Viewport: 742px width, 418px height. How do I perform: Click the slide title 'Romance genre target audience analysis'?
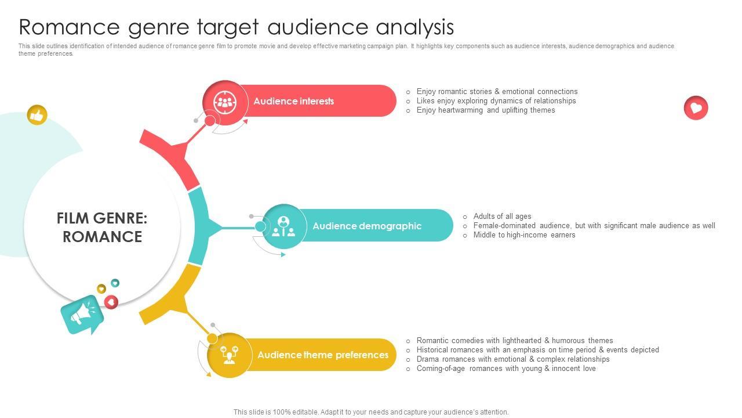click(x=236, y=27)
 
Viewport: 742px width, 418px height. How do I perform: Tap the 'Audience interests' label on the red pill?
click(x=293, y=101)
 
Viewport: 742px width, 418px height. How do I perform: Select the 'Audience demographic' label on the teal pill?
click(x=366, y=226)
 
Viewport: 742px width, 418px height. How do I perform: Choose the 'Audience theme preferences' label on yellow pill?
click(x=323, y=355)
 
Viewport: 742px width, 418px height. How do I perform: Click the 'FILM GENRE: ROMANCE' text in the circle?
click(x=102, y=227)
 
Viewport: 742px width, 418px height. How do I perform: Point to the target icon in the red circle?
click(x=224, y=102)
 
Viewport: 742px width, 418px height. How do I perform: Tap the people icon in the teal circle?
click(x=283, y=226)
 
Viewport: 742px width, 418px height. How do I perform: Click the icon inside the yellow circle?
click(x=230, y=354)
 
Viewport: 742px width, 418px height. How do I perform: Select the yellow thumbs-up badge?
click(x=37, y=115)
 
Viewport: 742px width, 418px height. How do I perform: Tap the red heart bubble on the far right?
click(x=696, y=108)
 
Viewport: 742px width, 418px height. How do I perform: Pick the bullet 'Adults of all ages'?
click(x=502, y=217)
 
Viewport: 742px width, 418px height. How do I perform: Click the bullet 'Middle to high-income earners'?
click(x=524, y=235)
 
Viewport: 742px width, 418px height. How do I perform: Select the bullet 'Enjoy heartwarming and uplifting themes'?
click(x=485, y=110)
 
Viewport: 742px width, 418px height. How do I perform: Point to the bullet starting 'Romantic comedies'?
click(x=514, y=341)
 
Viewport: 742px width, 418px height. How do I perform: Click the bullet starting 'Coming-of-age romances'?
click(x=505, y=369)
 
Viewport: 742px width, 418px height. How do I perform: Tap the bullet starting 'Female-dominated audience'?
click(x=594, y=226)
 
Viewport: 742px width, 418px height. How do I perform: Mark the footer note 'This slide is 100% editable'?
click(x=371, y=412)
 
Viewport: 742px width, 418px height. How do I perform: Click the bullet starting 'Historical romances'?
click(x=537, y=350)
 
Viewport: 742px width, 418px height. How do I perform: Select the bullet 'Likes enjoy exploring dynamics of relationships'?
click(x=496, y=101)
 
